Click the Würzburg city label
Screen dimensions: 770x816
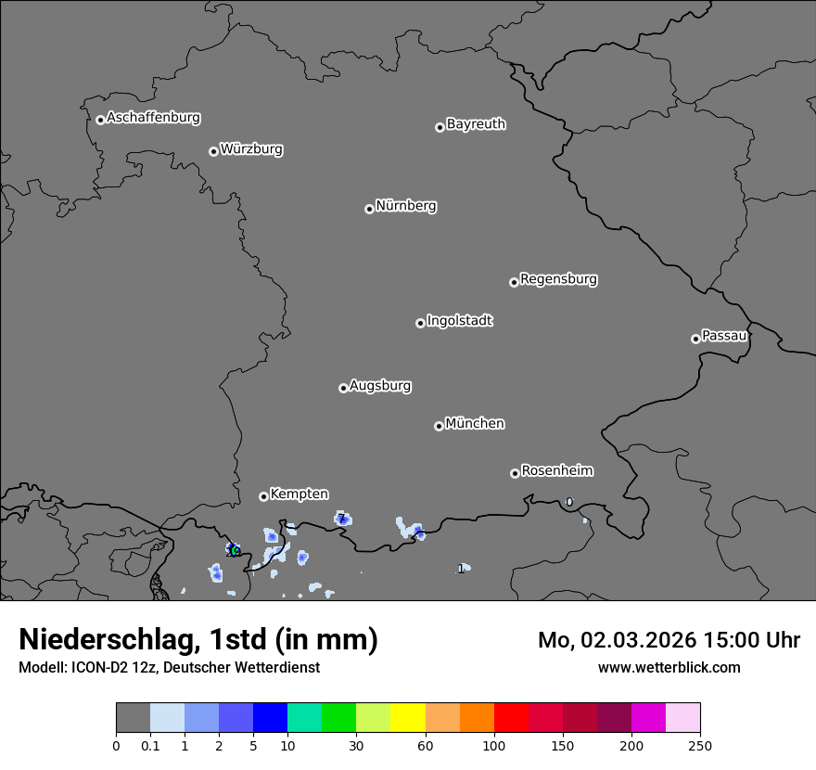coord(251,149)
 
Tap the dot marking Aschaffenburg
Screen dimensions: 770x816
coord(100,120)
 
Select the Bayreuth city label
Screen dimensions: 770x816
coord(476,124)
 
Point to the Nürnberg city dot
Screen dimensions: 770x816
coord(369,209)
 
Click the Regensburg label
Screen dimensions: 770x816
coord(558,279)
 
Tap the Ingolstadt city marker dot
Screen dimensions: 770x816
coord(420,323)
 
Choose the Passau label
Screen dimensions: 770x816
coord(724,336)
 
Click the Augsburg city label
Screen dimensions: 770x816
coord(380,386)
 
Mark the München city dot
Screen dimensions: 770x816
coord(439,426)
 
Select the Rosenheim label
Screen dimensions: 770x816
coord(556,471)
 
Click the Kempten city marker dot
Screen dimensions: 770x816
coord(263,496)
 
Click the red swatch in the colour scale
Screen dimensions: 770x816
coord(511,718)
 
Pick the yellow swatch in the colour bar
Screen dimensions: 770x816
coord(408,718)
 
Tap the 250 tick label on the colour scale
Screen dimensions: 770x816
coord(700,745)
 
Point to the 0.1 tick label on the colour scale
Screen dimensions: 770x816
coord(150,745)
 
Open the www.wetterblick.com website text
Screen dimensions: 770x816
coord(669,667)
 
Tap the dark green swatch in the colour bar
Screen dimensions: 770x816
coord(339,718)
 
